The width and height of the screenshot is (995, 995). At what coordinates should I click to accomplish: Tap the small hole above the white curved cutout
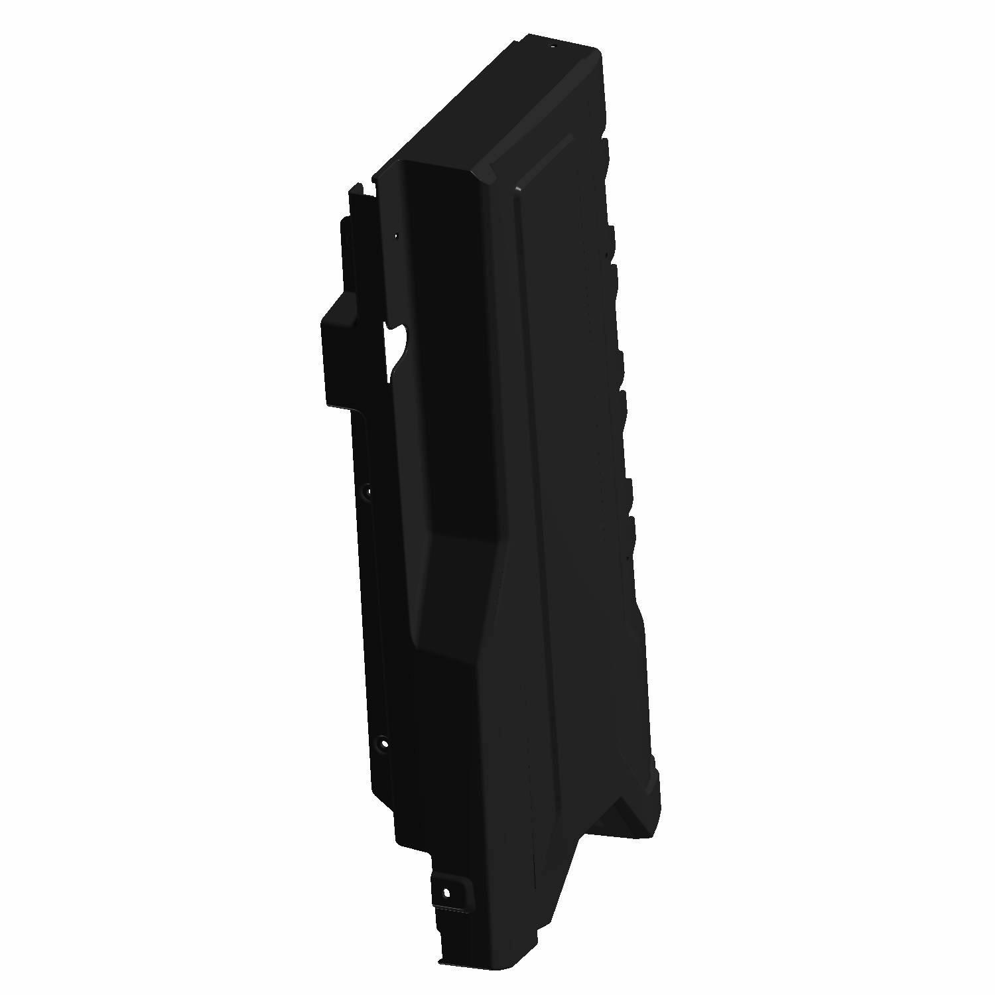397,234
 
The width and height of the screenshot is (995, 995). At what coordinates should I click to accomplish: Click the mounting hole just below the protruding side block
368,492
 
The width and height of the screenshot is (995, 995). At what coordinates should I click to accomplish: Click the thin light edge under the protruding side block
342,406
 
